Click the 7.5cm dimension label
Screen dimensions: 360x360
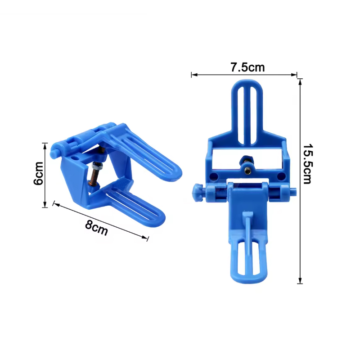pyautogui.click(x=247, y=67)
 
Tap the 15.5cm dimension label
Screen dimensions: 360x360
pyautogui.click(x=307, y=164)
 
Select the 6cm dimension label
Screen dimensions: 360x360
pyautogui.click(x=38, y=173)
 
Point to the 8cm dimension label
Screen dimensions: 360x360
pyautogui.click(x=96, y=228)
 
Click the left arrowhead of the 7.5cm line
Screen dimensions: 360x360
pyautogui.click(x=194, y=75)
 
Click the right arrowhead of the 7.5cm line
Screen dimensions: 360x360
pyautogui.click(x=294, y=75)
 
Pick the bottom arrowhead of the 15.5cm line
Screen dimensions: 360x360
pyautogui.click(x=300, y=280)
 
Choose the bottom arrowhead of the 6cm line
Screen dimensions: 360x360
pyautogui.click(x=45, y=205)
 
